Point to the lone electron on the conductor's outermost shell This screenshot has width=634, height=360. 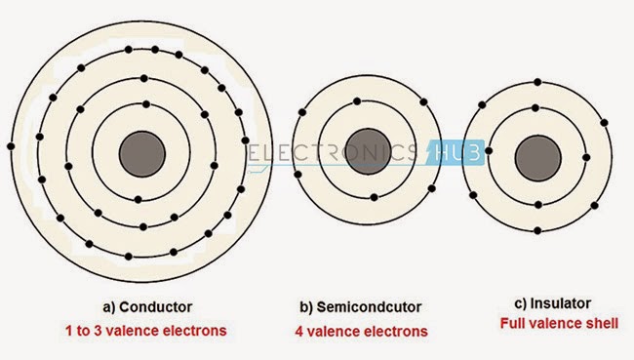pyautogui.click(x=11, y=146)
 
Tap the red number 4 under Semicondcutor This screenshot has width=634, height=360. pyautogui.click(x=299, y=331)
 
